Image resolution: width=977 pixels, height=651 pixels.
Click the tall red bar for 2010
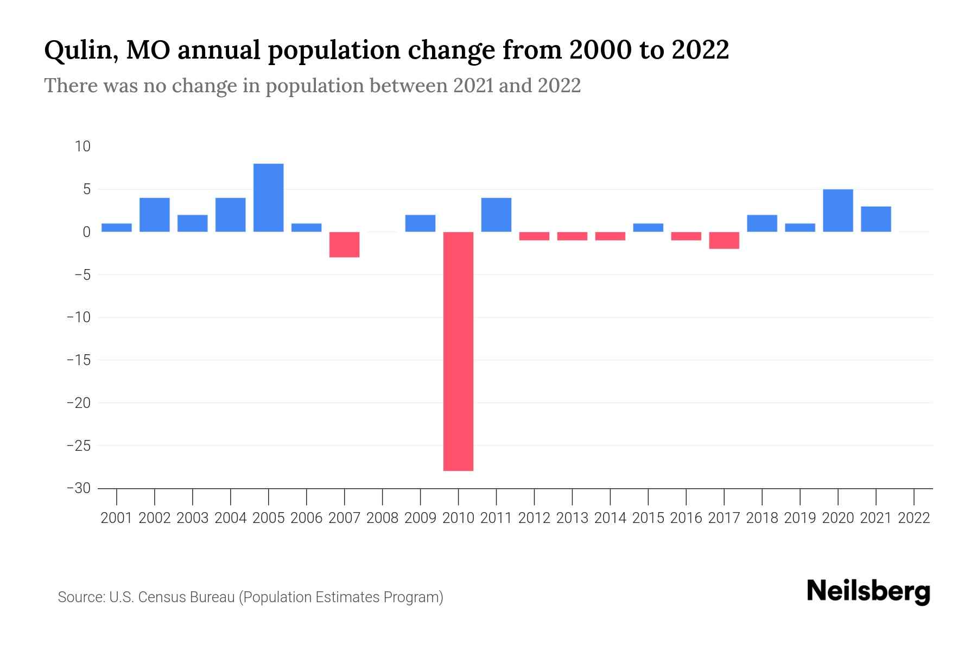tap(458, 351)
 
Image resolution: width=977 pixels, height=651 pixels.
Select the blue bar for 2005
tap(268, 197)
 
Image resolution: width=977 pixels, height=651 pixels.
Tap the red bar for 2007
tap(344, 244)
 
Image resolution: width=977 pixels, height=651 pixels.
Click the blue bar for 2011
tap(496, 215)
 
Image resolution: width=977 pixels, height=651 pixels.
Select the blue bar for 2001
tap(117, 227)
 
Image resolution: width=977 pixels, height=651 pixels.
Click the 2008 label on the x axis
tap(382, 518)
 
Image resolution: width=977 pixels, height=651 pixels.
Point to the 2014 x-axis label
tap(610, 518)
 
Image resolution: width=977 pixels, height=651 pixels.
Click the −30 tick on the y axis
tap(79, 488)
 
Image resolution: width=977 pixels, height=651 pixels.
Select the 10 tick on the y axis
tap(83, 146)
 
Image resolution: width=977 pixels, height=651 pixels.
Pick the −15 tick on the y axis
tap(79, 360)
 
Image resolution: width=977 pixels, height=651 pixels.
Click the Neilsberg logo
tap(868, 591)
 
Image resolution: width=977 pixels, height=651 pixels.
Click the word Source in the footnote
tap(80, 597)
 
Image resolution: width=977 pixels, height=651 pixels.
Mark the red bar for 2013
tap(572, 236)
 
